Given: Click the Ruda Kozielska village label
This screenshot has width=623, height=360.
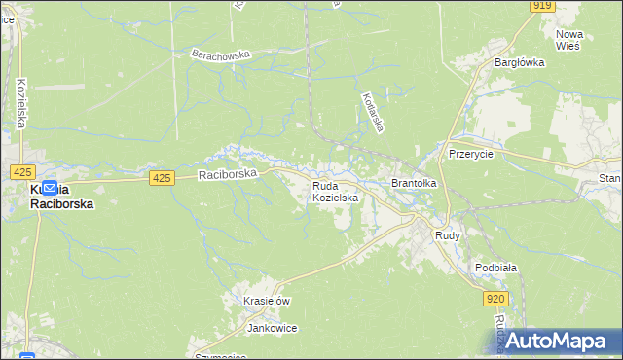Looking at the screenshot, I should click(x=336, y=191).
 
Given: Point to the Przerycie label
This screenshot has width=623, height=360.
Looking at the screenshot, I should click(x=471, y=154).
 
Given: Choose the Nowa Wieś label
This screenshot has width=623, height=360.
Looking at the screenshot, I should click(x=568, y=39).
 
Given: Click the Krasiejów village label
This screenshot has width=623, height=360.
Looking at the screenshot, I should click(x=268, y=302).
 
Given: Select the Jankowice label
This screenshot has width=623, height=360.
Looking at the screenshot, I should click(x=272, y=328).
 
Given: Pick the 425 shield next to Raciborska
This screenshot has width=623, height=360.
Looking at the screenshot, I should click(x=163, y=177).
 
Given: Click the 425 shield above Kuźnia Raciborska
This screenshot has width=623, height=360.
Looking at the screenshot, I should click(x=23, y=171).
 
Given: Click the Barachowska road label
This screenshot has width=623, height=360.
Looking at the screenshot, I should click(x=221, y=54).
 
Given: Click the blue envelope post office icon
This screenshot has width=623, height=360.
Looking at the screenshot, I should click(x=49, y=186).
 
